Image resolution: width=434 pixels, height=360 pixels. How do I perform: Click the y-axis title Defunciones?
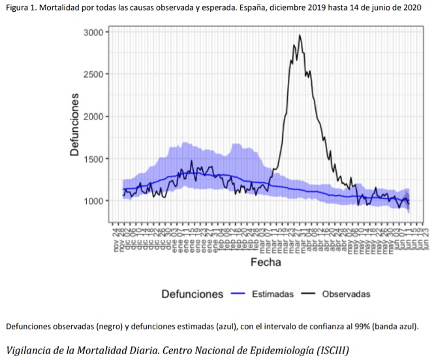[75, 124]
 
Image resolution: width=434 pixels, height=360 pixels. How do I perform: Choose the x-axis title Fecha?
[266, 263]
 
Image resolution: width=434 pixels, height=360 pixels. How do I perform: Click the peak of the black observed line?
[300, 35]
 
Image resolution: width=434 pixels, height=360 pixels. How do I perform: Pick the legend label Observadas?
[346, 294]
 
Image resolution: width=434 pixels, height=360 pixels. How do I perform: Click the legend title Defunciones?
[193, 294]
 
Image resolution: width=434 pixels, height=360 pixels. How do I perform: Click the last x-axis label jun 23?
[426, 239]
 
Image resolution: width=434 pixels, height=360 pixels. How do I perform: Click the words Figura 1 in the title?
[24, 8]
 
